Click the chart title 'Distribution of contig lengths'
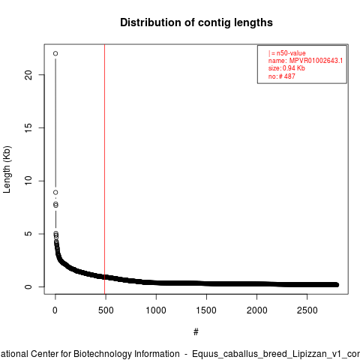(x=196, y=22)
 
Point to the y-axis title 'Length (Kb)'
(x=7, y=169)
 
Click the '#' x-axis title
(x=196, y=332)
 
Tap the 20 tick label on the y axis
(x=28, y=75)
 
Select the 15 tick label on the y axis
(x=28, y=127)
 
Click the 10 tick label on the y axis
(x=28, y=181)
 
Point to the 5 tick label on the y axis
(x=28, y=234)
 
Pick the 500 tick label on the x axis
(x=106, y=310)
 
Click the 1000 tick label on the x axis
(x=156, y=310)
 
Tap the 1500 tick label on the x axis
(x=206, y=310)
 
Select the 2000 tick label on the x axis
(x=256, y=310)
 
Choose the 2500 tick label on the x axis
(x=307, y=310)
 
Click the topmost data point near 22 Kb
(x=55, y=53)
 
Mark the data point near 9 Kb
(x=55, y=192)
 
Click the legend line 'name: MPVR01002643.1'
(x=305, y=61)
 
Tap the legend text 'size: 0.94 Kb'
(x=286, y=68)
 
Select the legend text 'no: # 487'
(x=282, y=76)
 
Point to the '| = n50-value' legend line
(x=287, y=53)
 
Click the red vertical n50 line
(x=104, y=169)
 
